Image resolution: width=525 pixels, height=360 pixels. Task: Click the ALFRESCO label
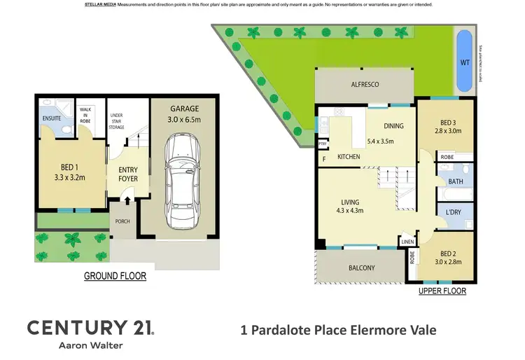click(365, 84)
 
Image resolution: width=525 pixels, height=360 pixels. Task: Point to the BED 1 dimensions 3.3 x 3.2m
click(69, 178)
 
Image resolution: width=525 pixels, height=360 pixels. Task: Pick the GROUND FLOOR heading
click(115, 276)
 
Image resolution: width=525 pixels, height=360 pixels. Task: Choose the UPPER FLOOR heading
click(442, 291)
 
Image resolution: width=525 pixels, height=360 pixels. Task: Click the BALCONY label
click(362, 268)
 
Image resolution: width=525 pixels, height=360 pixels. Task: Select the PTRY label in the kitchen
click(323, 145)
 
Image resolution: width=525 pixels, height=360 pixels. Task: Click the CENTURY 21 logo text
click(90, 327)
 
